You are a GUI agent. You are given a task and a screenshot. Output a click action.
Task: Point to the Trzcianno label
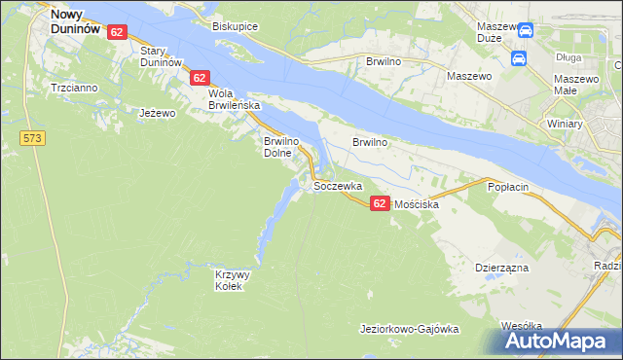74,88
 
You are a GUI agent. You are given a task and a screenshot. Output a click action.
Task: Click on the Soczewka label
338,185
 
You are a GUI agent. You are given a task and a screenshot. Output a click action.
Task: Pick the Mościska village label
416,205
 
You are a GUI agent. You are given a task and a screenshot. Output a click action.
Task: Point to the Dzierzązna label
501,265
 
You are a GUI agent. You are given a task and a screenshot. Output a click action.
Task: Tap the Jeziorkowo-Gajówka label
409,329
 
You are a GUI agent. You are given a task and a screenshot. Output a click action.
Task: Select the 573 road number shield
33,139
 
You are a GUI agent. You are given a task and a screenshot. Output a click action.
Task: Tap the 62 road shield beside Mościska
380,201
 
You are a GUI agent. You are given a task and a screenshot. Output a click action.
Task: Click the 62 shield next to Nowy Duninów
117,32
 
